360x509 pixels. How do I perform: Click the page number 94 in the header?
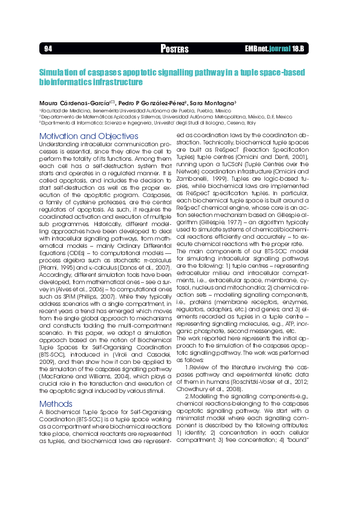coord(48,48)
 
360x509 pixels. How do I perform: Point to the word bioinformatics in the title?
coord(63,81)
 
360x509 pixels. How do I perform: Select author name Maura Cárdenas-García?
coord(74,104)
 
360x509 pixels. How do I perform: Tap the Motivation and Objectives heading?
coord(88,136)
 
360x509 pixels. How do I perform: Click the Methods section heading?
coord(56,404)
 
